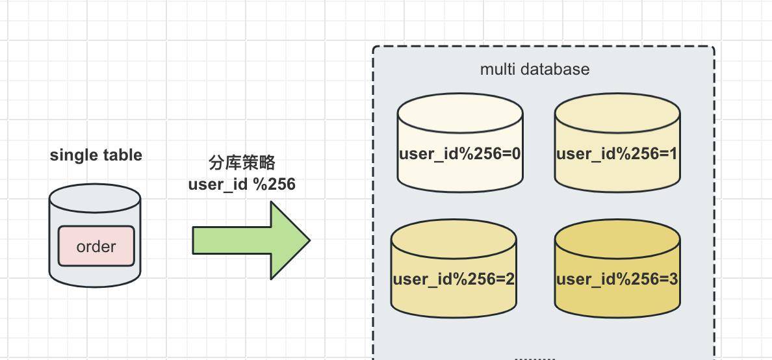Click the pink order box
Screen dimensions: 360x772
point(96,246)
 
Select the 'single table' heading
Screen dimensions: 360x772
point(96,155)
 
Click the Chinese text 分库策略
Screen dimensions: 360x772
point(242,163)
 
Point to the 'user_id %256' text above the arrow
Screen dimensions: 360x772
point(242,185)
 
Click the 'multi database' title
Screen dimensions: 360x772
point(535,69)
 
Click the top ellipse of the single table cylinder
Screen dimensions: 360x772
point(95,197)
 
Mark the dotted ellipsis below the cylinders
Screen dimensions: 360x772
point(535,357)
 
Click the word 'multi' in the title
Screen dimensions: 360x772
point(495,69)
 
